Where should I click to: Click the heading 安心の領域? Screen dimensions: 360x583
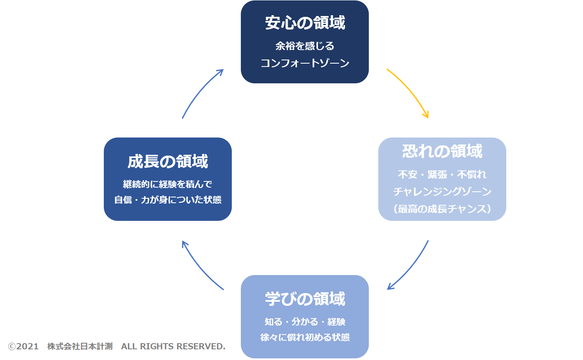pos(305,23)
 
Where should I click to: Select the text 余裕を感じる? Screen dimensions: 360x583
pos(305,46)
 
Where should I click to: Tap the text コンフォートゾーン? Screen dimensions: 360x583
pos(305,63)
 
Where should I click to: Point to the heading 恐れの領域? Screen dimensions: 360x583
pos(442,151)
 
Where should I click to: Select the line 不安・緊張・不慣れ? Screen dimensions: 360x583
pos(442,174)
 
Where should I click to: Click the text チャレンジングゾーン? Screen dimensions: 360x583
pos(442,192)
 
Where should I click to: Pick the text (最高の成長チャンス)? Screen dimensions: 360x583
pos(442,209)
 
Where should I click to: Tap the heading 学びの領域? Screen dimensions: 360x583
pos(305,298)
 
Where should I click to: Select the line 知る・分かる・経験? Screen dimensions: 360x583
pos(305,322)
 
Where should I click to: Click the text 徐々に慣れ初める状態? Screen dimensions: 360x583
pos(305,337)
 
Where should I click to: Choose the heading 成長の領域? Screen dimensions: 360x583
pos(167,161)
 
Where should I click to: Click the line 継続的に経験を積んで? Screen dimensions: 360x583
pos(167,184)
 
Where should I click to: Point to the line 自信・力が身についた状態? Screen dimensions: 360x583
pos(167,200)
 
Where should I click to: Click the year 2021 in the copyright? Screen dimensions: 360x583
pos(27,346)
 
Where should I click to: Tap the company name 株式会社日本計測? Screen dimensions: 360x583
pos(80,346)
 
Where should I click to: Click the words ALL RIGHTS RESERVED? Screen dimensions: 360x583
pos(173,346)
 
